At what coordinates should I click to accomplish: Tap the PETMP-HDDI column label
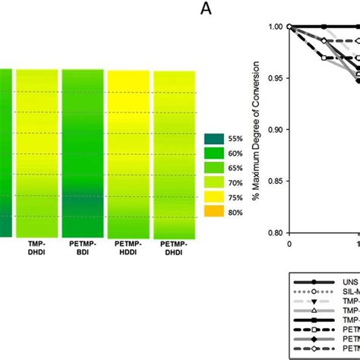129,251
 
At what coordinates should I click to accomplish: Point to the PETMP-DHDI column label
174,251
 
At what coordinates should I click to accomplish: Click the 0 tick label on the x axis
289,244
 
